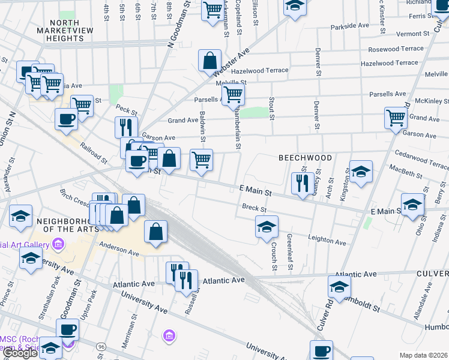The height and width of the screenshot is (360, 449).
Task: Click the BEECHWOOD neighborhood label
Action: pyautogui.click(x=305, y=158)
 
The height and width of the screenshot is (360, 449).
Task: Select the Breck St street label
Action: pyautogui.click(x=254, y=208)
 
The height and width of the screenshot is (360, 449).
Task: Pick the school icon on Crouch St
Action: pyautogui.click(x=267, y=227)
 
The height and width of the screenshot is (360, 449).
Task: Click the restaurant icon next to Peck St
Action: pyautogui.click(x=126, y=127)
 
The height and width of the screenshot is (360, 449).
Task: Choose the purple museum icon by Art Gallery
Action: pyautogui.click(x=58, y=244)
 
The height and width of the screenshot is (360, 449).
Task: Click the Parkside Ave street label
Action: pyautogui.click(x=349, y=26)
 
